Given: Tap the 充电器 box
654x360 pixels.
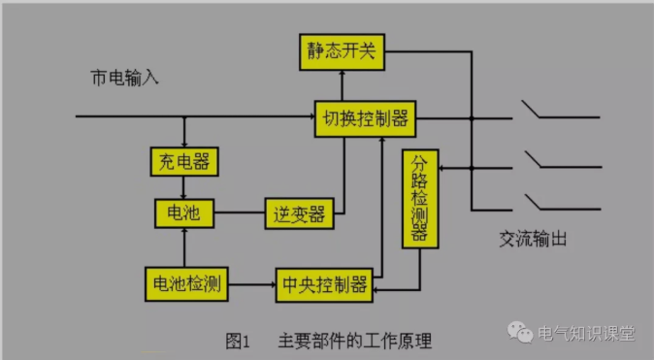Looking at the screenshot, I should pos(182,159).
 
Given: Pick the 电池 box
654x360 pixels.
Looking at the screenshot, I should pos(183,212).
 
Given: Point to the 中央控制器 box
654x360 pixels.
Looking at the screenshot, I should pos(324,283).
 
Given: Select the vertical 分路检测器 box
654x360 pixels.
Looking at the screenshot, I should pos(419,198).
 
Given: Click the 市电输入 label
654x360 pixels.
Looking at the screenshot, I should pos(118,78).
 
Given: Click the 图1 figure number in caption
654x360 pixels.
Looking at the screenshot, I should pos(238,340).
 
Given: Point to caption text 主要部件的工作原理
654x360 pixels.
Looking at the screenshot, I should pos(354,340).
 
